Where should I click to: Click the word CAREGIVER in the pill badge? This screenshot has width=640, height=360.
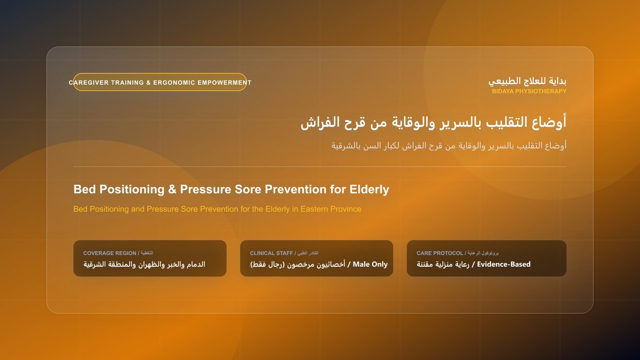coord(88,82)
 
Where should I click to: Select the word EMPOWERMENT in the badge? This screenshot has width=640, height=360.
coord(224,82)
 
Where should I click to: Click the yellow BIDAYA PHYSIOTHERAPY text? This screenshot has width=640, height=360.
coord(529,92)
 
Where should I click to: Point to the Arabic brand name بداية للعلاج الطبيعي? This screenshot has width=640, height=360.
coord(527,82)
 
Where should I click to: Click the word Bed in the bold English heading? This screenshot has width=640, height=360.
coord(84,190)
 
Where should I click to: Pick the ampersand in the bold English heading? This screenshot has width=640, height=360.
coord(172,190)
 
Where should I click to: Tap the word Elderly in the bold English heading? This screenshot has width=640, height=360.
coord(369,190)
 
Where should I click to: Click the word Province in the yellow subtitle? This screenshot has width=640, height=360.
coord(346,209)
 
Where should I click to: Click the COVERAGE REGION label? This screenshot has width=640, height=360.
coord(110,253)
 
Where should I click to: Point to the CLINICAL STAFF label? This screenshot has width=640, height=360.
coord(272,253)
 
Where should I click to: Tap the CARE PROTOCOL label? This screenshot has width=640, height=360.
coord(440,253)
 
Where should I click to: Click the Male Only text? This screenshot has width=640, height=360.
coord(370,264)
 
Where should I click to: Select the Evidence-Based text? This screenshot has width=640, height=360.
coord(504,264)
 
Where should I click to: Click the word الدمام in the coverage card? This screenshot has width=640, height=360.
coord(196,264)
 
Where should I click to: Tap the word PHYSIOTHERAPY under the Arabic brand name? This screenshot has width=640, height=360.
coord(541,92)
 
